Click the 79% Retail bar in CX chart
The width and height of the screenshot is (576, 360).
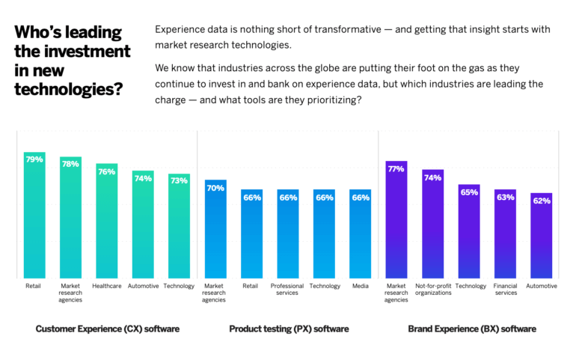34,217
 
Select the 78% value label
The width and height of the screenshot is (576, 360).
70,164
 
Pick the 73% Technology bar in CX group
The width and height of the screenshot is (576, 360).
179,228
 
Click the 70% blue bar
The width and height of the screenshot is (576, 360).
215,232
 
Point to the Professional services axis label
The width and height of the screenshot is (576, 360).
287,289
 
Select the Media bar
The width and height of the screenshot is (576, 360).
361,236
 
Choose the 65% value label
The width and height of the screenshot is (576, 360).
469,192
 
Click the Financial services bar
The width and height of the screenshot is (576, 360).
505,236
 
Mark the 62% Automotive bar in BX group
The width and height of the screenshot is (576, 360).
542,238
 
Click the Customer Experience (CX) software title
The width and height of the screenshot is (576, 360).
107,329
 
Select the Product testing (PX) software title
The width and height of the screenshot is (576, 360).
289,329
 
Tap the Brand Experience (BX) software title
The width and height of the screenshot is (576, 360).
471,329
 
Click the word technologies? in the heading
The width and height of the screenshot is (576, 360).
68,89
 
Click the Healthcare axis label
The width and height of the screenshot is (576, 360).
107,286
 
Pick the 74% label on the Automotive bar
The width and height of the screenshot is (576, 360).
143,178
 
